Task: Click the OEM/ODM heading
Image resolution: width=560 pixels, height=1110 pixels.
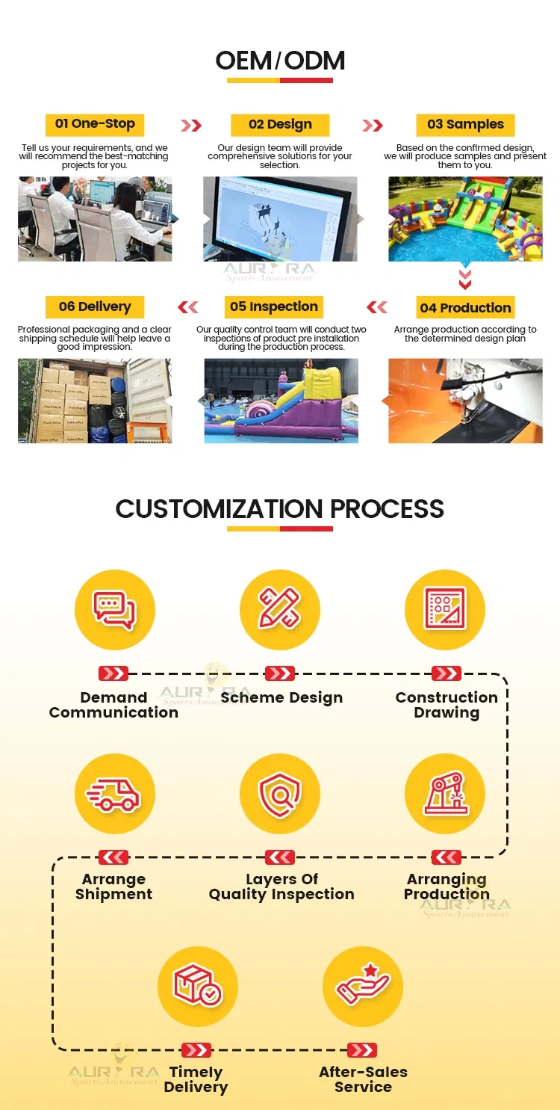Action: (280, 61)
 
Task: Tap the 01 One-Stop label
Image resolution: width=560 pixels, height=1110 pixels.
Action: (95, 124)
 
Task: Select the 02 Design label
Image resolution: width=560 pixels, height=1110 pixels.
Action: (280, 125)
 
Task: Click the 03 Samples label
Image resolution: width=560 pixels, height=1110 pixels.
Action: (465, 125)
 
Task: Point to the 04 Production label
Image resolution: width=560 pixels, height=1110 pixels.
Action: (465, 307)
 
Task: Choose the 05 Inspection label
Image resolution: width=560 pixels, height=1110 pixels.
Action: (274, 306)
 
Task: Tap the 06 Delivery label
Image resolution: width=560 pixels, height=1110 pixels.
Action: (95, 306)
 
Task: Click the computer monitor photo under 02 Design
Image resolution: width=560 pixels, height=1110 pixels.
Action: (280, 219)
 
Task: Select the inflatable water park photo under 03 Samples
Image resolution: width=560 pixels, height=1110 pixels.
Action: (465, 219)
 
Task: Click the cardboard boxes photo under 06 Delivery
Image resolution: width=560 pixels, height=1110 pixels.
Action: (95, 401)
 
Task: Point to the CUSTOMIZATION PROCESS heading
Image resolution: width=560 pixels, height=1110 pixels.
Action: (280, 509)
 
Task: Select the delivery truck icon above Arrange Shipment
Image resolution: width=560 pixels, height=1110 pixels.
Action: (114, 794)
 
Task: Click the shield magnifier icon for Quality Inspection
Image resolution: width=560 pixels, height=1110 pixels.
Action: (280, 794)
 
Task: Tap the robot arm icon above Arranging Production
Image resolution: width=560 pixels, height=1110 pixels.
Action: (445, 794)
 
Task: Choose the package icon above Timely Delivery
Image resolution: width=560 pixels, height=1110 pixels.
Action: (197, 986)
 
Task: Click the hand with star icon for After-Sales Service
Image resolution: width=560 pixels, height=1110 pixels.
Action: (363, 986)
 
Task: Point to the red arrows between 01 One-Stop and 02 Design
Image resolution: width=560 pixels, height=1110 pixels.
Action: (192, 125)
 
